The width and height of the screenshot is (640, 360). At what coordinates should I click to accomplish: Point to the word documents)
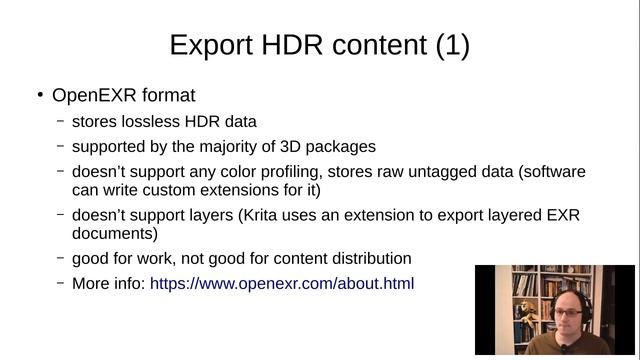coord(114,233)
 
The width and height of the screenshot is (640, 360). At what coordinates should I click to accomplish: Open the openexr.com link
coord(282,283)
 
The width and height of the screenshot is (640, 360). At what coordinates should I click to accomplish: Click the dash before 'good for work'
coord(61,258)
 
